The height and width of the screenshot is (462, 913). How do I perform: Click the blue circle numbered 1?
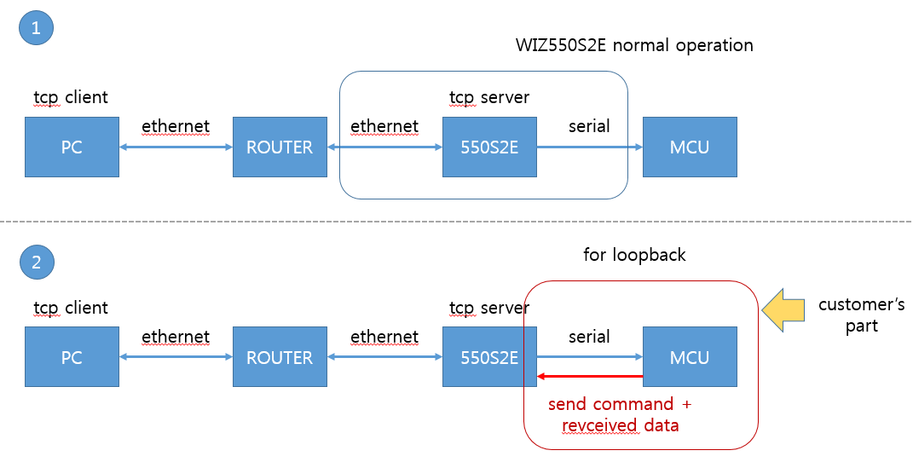(36, 27)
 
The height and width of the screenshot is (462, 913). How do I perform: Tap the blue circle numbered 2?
(37, 262)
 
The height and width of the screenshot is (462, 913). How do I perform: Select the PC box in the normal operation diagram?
(72, 147)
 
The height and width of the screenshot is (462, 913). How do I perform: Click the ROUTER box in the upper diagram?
(280, 147)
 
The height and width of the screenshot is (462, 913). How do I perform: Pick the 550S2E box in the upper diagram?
(489, 147)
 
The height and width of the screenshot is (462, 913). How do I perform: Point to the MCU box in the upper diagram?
(690, 147)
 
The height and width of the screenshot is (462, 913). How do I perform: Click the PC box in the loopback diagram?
(72, 356)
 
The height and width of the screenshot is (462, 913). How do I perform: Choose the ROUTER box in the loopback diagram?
(280, 356)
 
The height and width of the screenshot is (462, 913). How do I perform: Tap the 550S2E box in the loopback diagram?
(489, 356)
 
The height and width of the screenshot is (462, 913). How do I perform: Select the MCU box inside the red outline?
(690, 356)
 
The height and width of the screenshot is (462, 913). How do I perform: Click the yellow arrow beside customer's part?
(783, 310)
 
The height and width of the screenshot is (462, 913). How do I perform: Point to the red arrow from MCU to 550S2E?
(590, 377)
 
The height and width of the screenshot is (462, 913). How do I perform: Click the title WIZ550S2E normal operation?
(634, 45)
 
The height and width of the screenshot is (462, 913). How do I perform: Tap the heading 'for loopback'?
(634, 255)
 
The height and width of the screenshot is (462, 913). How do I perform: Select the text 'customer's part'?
(861, 315)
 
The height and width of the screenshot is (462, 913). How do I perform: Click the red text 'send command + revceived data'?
(620, 414)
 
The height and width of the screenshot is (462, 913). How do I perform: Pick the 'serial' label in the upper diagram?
(589, 126)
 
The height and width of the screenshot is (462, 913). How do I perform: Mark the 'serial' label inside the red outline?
(589, 337)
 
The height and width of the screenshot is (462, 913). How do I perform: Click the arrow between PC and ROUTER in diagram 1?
(176, 147)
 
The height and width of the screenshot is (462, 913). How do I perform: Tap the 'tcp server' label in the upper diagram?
(489, 97)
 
